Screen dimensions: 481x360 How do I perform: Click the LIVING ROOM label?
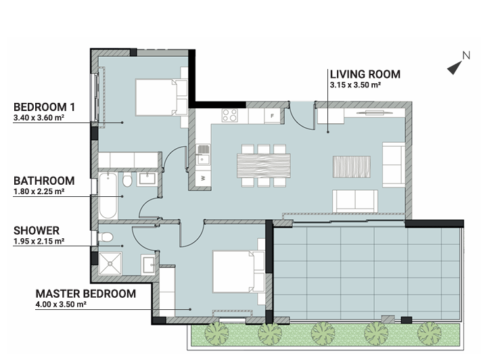365,74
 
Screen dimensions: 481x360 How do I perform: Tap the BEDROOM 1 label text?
44,107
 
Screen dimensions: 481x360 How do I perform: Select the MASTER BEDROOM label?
86,294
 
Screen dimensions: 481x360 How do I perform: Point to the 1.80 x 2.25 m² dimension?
39,192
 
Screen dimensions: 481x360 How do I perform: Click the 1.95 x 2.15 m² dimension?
39,241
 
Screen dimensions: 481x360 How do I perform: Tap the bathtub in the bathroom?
108,196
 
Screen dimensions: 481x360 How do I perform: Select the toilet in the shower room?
106,238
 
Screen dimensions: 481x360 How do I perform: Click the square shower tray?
110,263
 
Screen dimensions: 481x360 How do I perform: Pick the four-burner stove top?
230,116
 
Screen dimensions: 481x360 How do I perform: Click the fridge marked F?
272,116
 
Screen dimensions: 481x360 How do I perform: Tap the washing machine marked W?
203,177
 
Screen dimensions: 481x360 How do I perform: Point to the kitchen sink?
203,155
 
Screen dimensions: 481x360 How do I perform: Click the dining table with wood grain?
264,166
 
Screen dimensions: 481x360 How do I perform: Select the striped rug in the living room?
352,166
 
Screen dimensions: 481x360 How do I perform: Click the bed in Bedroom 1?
162,97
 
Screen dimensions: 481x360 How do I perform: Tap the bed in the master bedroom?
238,271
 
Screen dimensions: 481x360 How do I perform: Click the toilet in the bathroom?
127,180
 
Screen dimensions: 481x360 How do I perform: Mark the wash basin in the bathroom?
147,179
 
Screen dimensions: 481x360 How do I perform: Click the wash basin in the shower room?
148,264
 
